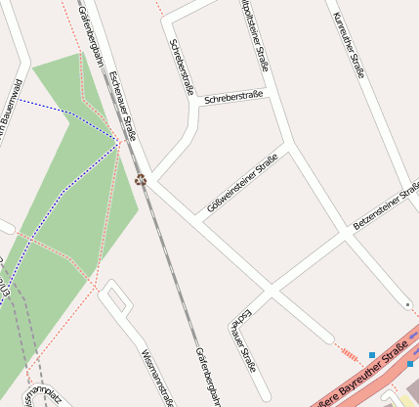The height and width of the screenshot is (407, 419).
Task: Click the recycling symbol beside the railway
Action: (x=140, y=179)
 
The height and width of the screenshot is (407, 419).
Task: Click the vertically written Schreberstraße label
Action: (x=182, y=67)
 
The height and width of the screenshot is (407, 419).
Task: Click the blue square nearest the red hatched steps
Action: (x=372, y=354)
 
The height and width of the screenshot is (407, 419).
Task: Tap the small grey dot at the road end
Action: (x=406, y=305)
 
